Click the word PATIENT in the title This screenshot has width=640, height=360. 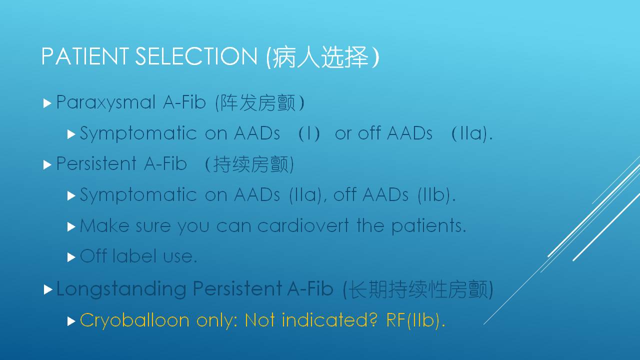[x=85, y=56]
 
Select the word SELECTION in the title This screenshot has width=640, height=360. [x=196, y=56]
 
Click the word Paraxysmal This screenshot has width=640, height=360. [x=105, y=103]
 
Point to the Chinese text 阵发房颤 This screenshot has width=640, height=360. [x=258, y=102]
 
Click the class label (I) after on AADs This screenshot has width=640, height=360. [x=309, y=133]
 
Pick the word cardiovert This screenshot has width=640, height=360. [x=303, y=225]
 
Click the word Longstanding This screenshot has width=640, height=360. [x=121, y=289]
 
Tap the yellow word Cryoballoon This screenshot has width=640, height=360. [x=134, y=320]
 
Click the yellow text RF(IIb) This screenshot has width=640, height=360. [x=415, y=320]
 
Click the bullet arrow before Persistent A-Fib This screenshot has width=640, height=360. [x=47, y=165]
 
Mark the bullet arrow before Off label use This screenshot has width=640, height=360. [x=71, y=257]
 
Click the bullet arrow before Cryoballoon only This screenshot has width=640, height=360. [x=71, y=321]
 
